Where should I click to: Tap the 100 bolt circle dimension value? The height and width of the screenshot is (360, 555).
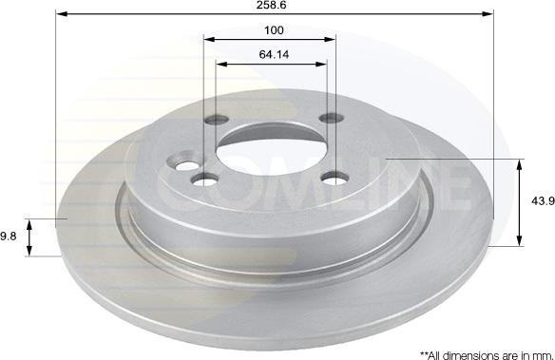pos(274,30)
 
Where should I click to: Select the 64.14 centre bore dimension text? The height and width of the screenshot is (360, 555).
pos(274,54)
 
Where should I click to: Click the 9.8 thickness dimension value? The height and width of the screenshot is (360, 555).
pos(8,237)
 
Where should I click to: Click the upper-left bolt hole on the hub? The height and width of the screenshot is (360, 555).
pos(217,120)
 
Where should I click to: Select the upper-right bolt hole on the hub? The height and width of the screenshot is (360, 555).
pos(331,118)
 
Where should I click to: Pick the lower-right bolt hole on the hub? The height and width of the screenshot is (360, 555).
pos(335,179)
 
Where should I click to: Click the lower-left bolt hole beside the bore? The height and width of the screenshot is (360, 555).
pos(204,179)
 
